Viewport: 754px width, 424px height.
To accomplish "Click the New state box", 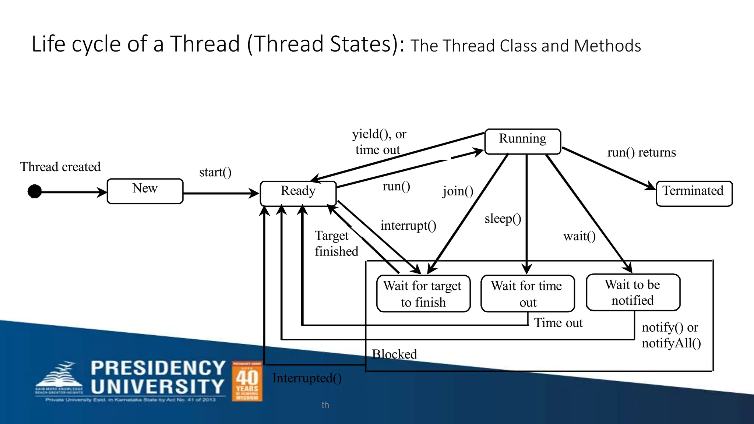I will [x=145, y=191].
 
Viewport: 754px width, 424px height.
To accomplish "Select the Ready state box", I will [x=298, y=193].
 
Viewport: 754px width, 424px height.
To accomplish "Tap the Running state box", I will [x=522, y=141].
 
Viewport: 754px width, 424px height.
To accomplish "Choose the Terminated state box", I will [x=694, y=193].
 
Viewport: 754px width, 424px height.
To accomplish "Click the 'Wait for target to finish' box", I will [x=423, y=294].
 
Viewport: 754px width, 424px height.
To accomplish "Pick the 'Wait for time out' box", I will [x=527, y=294].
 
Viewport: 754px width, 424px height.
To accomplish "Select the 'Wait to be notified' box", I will [x=633, y=292].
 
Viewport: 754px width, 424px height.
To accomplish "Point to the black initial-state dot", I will [x=35, y=191].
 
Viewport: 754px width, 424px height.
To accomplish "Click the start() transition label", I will [x=215, y=172].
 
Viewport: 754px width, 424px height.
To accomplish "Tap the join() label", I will [x=458, y=191].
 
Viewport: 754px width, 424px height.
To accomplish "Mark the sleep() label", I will [x=503, y=219].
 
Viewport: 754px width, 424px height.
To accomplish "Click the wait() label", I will [x=579, y=236].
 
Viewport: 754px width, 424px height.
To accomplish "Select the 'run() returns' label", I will [x=641, y=152].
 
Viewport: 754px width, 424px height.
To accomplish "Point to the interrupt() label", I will [x=408, y=225].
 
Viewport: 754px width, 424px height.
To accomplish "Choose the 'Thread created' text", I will [x=60, y=167].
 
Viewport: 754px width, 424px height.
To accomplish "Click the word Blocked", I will [x=394, y=354].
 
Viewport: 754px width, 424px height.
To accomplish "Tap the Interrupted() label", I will [x=307, y=378].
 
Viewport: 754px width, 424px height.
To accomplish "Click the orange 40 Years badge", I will [x=247, y=381].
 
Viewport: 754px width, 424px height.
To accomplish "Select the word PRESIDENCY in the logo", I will [x=158, y=368].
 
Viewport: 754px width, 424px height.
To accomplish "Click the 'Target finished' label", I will [x=336, y=243].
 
